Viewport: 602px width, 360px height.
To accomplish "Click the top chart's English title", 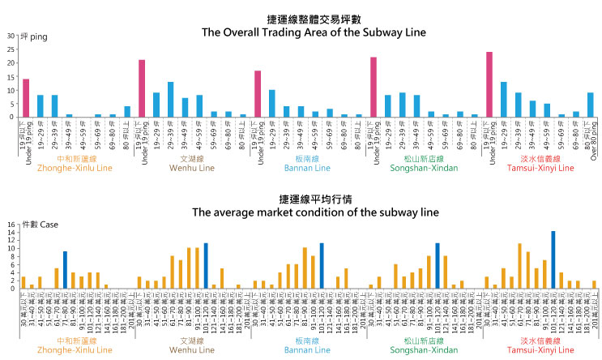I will (x=301, y=32).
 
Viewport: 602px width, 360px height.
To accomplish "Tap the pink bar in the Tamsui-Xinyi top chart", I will (x=489, y=84).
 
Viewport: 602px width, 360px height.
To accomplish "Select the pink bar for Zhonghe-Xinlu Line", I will (x=26, y=97).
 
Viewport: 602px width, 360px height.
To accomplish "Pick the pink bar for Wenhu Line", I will (x=142, y=88).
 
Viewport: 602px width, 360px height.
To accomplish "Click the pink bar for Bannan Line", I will (x=258, y=93).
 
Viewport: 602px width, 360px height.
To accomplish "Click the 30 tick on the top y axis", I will (x=11, y=36).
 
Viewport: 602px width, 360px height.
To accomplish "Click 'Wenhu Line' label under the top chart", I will (x=192, y=168).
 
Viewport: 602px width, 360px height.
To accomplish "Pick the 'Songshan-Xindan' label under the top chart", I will (x=424, y=168).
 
